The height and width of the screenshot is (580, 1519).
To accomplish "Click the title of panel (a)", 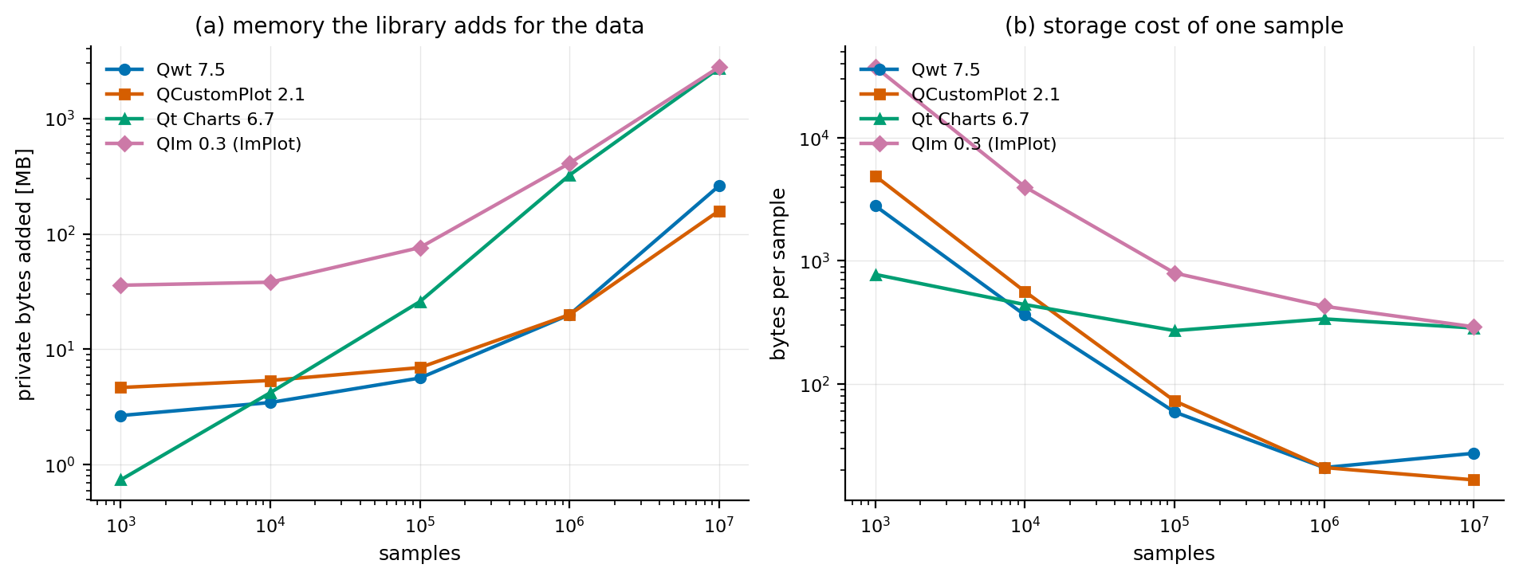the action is coord(419,26).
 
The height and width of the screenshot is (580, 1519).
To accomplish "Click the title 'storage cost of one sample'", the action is coord(1193,26).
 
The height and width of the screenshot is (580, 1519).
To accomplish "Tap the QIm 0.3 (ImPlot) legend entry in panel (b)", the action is coord(958,144).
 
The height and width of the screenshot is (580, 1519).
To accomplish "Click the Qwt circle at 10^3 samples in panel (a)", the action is coord(120,416).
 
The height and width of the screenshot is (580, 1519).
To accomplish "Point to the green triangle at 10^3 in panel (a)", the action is coord(120,480).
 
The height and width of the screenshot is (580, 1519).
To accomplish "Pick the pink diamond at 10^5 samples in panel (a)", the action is coord(420,248).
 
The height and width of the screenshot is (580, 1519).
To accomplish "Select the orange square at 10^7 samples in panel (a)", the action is coord(719,211).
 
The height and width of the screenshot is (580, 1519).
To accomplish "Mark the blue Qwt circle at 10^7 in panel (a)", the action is coord(719,186).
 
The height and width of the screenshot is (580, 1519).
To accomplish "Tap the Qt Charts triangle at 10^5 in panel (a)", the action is coord(420,302).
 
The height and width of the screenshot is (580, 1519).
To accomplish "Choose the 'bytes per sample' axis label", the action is coord(779,274).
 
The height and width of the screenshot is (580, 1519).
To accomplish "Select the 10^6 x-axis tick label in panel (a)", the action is coord(569,525).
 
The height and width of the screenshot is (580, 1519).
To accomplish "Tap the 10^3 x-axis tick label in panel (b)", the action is coord(875,525).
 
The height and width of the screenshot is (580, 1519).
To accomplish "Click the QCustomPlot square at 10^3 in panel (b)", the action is coord(876,176).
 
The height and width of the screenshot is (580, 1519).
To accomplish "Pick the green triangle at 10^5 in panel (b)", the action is coord(1175,331).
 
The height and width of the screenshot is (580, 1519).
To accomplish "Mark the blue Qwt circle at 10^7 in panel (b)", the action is coord(1474,453).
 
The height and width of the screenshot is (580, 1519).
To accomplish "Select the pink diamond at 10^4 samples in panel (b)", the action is coord(1025,188).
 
